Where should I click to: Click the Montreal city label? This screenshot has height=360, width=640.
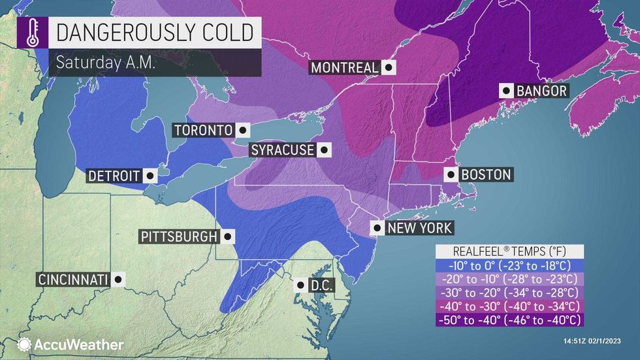pyautogui.click(x=344, y=67)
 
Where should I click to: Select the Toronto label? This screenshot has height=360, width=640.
pyautogui.click(x=203, y=130)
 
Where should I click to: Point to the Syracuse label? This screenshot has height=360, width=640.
pyautogui.click(x=283, y=150)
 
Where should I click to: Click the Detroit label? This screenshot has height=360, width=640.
pyautogui.click(x=114, y=176)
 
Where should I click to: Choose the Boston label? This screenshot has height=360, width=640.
pyautogui.click(x=486, y=174)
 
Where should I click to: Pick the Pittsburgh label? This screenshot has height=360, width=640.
pyautogui.click(x=177, y=237)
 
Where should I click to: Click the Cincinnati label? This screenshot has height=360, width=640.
pyautogui.click(x=72, y=280)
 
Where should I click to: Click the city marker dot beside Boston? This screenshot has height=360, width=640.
pyautogui.click(x=450, y=174)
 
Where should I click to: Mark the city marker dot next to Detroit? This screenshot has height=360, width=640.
pyautogui.click(x=150, y=176)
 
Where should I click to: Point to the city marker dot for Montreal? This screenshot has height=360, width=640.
pyautogui.click(x=389, y=67)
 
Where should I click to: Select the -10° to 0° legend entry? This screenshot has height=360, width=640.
pyautogui.click(x=509, y=266)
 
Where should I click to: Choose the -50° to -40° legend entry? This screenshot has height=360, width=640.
pyautogui.click(x=509, y=320)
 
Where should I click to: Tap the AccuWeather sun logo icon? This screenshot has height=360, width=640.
pyautogui.click(x=24, y=344)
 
